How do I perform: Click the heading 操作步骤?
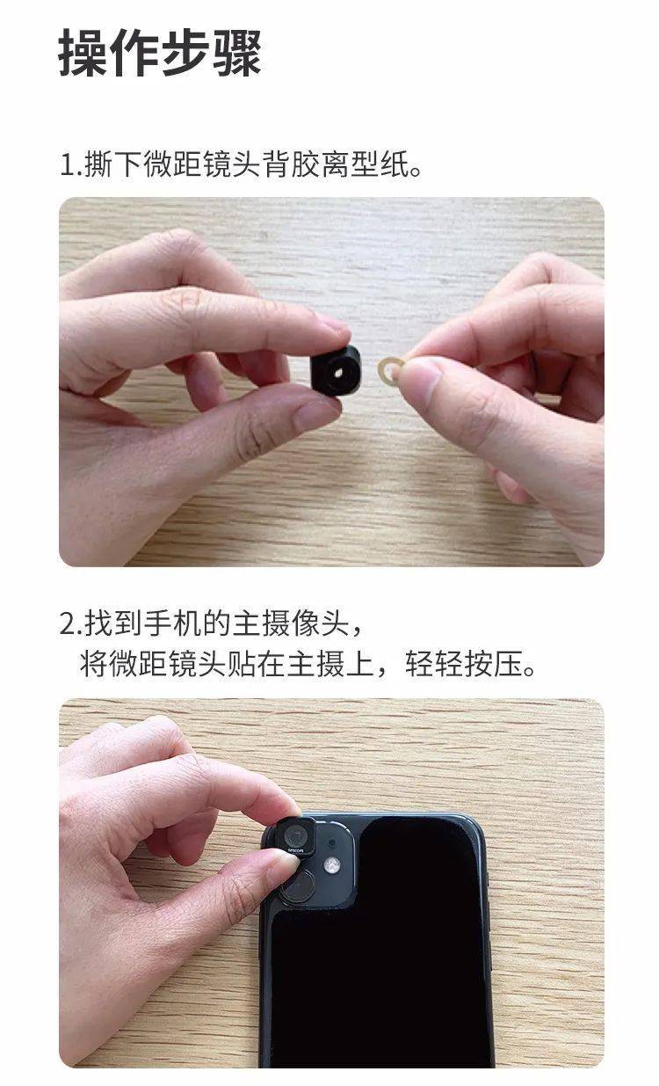click(x=160, y=52)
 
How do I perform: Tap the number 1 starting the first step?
click(x=67, y=164)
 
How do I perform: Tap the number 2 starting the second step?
click(x=68, y=623)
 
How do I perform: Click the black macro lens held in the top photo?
click(x=336, y=370)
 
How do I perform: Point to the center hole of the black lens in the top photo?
click(x=338, y=372)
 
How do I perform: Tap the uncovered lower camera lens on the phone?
click(x=297, y=886)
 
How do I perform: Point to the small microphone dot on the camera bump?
click(x=332, y=842)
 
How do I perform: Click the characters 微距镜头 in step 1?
click(x=201, y=164)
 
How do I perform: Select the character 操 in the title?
click(x=83, y=52)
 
